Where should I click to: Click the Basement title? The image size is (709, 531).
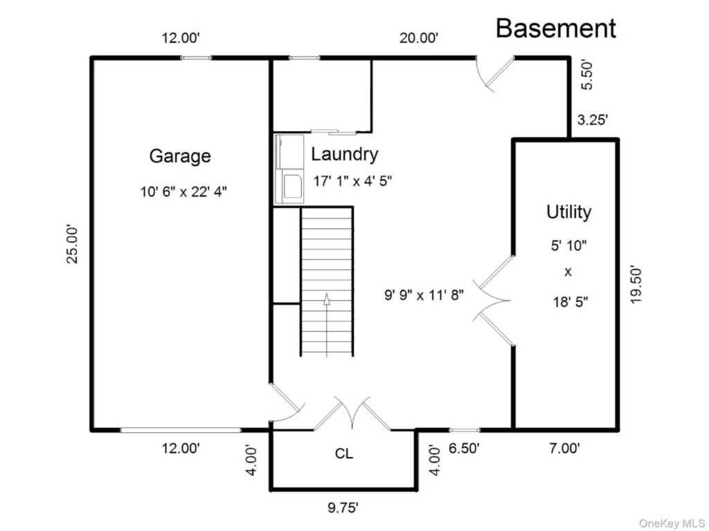556,28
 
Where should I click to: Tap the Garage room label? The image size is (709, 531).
180,156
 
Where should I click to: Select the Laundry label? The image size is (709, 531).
345,154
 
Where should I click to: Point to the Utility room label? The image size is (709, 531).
569,212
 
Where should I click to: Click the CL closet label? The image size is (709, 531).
344,454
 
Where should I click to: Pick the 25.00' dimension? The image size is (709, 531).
72,244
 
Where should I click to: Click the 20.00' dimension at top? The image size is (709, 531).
419,38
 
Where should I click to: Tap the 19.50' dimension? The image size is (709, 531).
636,284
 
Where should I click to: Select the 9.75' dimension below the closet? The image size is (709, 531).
343,507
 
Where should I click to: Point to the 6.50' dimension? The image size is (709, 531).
464,448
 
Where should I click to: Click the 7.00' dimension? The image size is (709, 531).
565,448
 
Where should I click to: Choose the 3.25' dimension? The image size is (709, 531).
593,120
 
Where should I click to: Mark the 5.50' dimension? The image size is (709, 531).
586,75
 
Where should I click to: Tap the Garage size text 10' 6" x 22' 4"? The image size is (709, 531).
183,192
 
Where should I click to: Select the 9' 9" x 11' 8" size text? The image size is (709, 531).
424,295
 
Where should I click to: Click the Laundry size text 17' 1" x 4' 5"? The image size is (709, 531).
352,181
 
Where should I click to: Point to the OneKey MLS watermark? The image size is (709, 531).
672,523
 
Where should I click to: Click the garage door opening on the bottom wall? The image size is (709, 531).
181,430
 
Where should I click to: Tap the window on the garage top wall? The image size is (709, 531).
196,58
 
